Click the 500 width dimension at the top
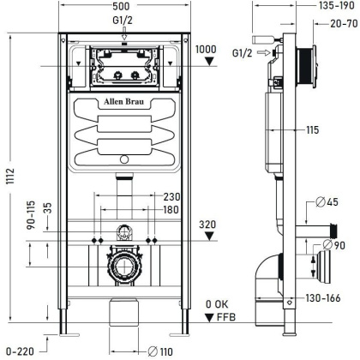click(126, 7)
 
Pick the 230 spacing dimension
click(171, 196)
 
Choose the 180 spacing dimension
click(171, 210)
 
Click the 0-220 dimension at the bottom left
click(17, 351)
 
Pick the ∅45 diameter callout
click(329, 203)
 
